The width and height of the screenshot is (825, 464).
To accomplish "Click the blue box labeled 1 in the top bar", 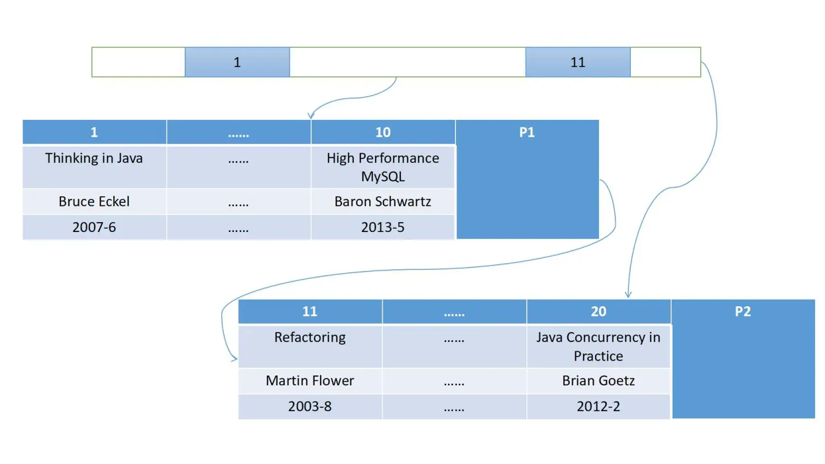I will click(237, 62).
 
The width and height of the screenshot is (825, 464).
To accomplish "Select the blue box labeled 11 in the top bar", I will click(577, 62).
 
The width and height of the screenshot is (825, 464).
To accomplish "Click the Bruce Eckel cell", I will click(94, 202).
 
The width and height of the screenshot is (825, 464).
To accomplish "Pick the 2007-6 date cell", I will click(94, 227).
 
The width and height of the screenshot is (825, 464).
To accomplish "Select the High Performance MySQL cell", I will click(383, 167).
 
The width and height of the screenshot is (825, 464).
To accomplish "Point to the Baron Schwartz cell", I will click(383, 202).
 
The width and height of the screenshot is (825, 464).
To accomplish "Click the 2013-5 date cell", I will click(383, 227).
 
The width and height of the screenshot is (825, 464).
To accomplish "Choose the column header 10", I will click(383, 132).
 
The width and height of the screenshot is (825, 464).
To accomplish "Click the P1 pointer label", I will click(527, 132).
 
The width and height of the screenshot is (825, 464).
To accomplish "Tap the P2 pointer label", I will click(743, 311).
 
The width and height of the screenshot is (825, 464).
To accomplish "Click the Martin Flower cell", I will click(310, 380).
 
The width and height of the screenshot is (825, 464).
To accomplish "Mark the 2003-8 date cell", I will click(310, 406).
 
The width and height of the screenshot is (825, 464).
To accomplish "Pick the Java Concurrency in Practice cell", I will click(598, 346).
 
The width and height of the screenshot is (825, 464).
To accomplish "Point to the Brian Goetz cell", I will click(598, 380).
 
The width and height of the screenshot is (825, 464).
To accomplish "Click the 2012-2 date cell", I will click(598, 406).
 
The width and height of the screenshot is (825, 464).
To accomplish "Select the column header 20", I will click(598, 311).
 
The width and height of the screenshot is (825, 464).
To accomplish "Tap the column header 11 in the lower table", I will click(310, 311).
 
